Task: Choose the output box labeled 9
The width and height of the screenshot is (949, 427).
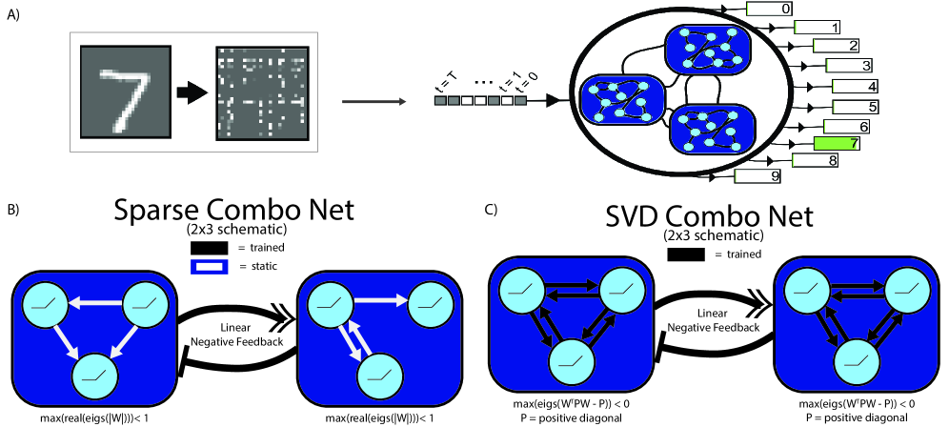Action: tap(768, 176)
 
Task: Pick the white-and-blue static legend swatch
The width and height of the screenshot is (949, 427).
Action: tap(207, 266)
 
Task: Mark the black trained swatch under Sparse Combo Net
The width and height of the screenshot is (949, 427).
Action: tap(207, 246)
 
